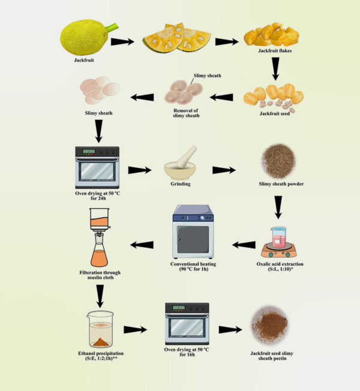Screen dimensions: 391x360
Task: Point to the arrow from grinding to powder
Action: [x=224, y=170]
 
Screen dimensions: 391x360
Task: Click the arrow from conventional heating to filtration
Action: [x=142, y=244]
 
